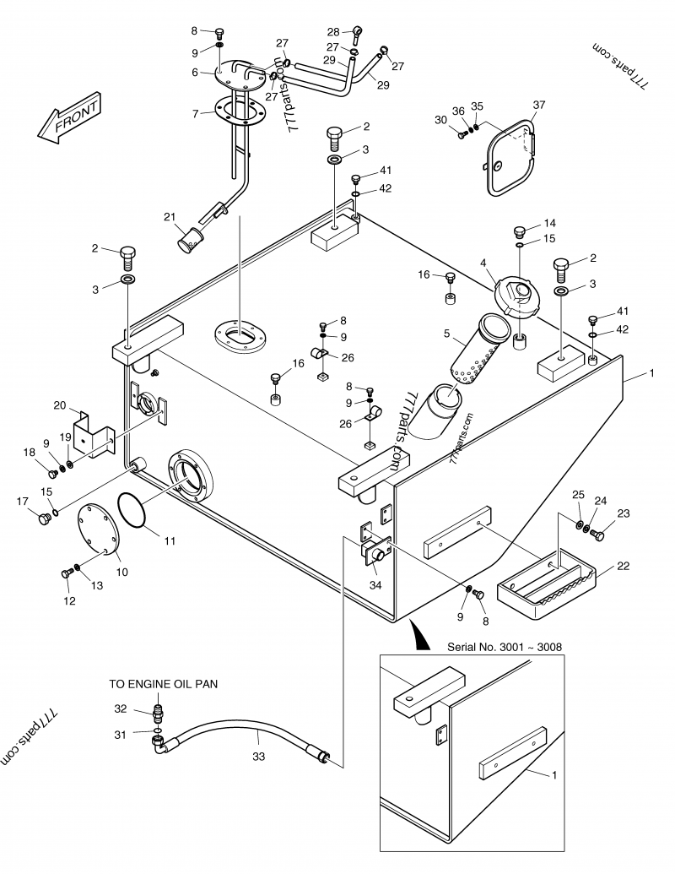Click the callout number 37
540,106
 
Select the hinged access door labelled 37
508,160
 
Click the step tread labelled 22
548,583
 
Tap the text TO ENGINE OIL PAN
163,684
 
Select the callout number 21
170,218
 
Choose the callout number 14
550,223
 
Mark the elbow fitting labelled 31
158,742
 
